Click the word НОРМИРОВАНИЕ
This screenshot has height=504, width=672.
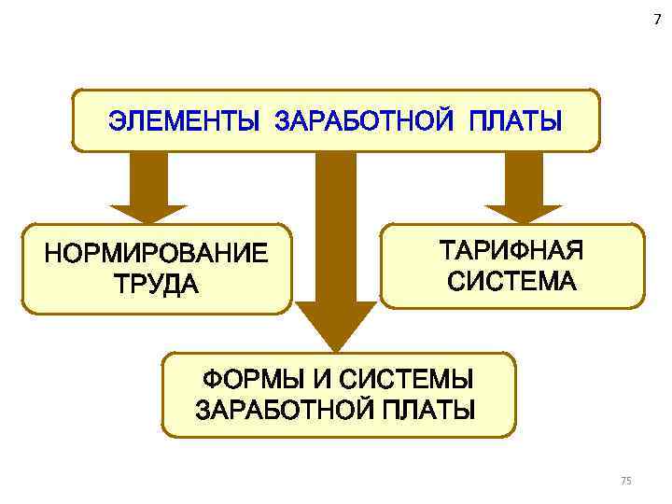click(x=155, y=253)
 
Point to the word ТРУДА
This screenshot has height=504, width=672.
click(x=155, y=283)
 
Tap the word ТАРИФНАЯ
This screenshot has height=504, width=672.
click(x=511, y=250)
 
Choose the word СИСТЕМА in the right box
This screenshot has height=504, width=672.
click(x=511, y=280)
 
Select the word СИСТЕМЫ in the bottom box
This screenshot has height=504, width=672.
click(x=406, y=381)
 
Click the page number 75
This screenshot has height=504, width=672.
click(x=625, y=480)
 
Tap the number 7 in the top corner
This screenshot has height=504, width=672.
click(x=656, y=21)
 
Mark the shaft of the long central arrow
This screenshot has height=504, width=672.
click(x=335, y=224)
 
